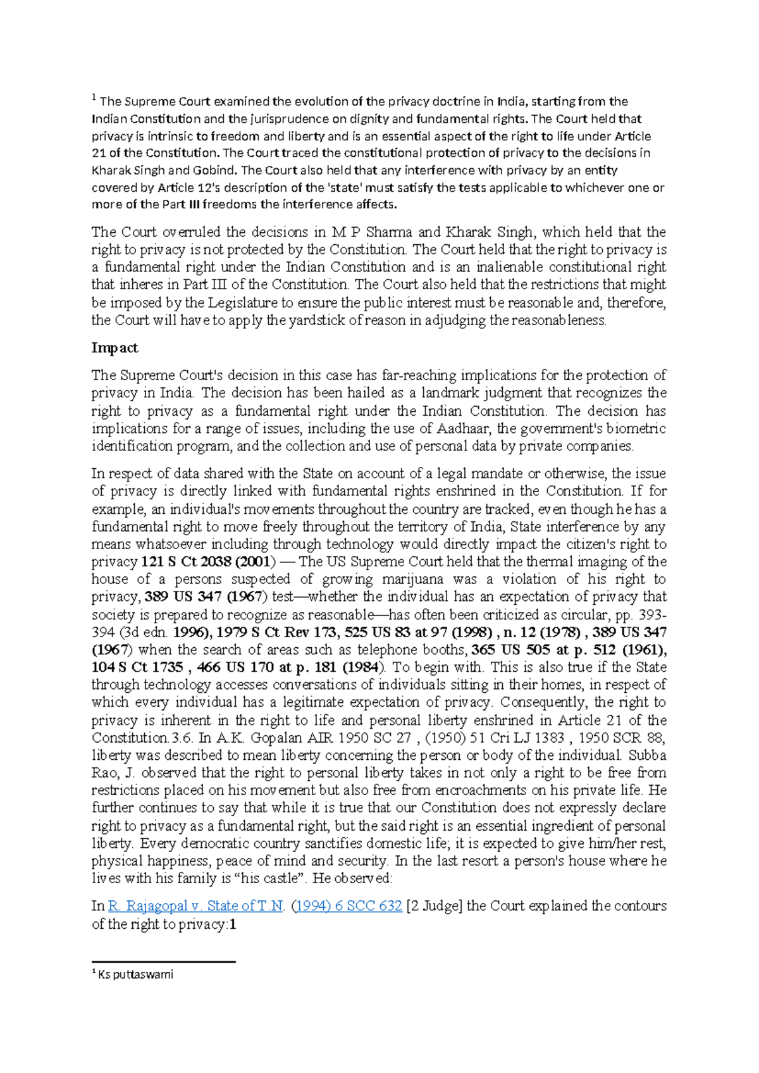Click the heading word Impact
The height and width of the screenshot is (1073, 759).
point(114,348)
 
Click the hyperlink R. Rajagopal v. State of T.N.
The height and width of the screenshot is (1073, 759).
point(196,906)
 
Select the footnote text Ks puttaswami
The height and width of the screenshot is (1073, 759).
point(135,974)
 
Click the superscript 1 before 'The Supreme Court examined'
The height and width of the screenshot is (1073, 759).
point(94,98)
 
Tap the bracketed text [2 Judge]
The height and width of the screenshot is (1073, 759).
point(435,906)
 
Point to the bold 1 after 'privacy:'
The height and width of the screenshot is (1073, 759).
point(233,924)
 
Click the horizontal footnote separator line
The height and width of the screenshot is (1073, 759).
point(163,962)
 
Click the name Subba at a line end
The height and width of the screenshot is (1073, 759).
point(647,755)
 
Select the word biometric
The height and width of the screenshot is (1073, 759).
point(634,428)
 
